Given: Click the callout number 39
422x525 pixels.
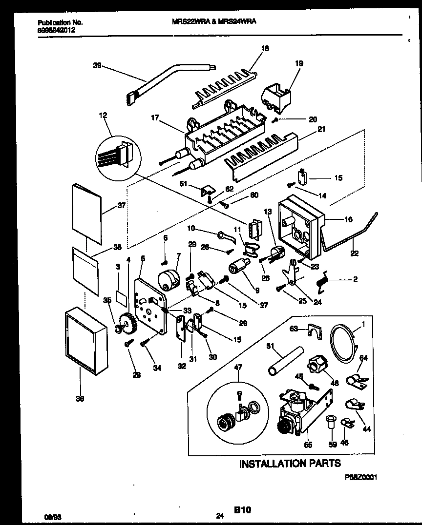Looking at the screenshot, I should tap(97, 65).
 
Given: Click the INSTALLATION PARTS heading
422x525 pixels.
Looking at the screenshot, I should tap(290, 464).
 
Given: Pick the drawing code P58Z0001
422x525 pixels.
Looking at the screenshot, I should tap(360, 479).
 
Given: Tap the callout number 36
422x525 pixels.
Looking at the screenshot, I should tap(80, 399).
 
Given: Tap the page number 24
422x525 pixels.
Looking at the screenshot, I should tap(219, 515).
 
